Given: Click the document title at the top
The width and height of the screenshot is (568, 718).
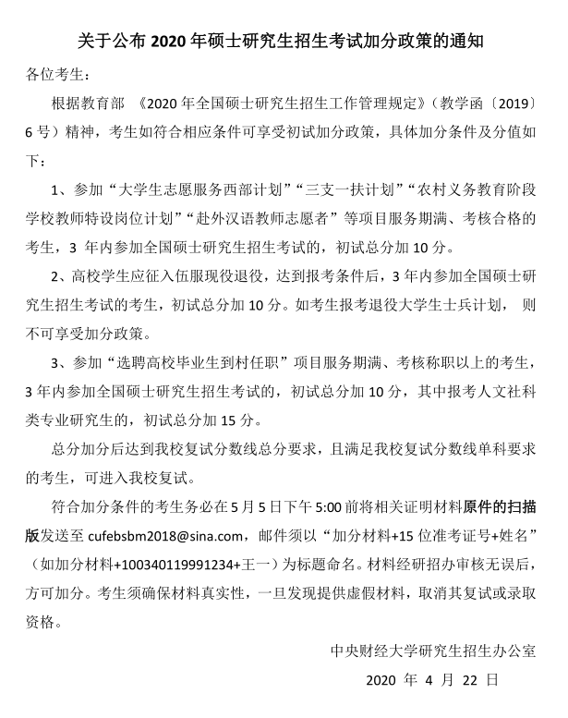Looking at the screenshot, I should coord(284,40).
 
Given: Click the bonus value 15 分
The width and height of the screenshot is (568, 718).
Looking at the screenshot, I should coord(234,420).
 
